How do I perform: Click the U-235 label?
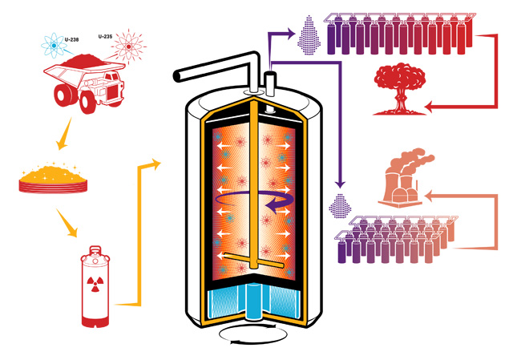click(104, 36)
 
